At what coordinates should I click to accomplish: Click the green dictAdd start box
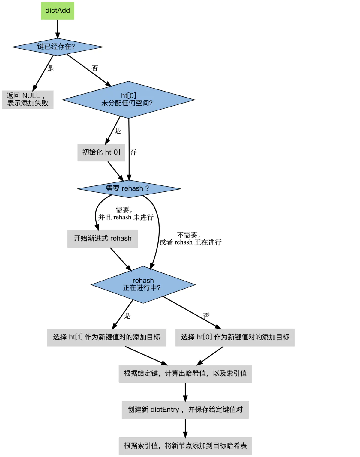tap(58, 11)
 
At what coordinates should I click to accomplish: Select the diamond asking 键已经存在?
tap(57, 47)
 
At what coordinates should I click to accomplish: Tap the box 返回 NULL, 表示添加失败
tap(28, 100)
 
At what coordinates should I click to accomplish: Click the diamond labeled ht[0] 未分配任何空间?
tap(128, 100)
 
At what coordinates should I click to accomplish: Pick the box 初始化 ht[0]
tap(101, 152)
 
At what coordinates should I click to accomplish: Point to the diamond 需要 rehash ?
tap(129, 189)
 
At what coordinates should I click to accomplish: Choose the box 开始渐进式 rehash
tap(103, 239)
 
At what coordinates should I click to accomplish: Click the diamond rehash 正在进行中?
tap(143, 284)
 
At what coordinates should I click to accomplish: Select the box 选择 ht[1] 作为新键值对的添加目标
tap(106, 337)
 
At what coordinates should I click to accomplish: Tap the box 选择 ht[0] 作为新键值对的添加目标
tap(235, 337)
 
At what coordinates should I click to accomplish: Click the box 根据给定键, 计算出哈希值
tap(185, 374)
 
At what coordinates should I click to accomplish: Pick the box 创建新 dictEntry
tap(185, 410)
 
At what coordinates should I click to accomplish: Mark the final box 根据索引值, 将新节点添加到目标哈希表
tap(185, 446)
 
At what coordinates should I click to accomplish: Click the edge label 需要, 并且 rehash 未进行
tap(126, 214)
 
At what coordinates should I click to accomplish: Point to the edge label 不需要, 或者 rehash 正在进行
tap(190, 239)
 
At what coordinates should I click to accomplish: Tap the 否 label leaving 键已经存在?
tap(95, 68)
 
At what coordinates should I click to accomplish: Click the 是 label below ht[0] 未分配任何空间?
tap(118, 131)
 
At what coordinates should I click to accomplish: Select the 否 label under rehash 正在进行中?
tap(206, 316)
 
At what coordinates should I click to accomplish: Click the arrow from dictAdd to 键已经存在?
tap(58, 29)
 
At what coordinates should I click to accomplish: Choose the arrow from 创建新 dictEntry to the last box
tap(185, 428)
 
